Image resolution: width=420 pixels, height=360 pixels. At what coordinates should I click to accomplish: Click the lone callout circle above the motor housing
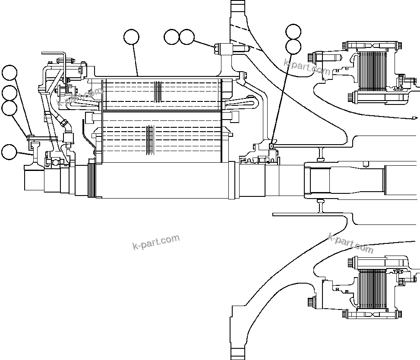pyautogui.click(x=131, y=37)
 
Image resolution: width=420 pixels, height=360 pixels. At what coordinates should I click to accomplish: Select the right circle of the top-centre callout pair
pyautogui.click(x=186, y=37)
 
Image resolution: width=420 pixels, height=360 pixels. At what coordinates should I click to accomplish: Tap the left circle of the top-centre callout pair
pyautogui.click(x=171, y=37)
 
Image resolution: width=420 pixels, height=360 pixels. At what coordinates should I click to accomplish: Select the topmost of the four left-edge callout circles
pyautogui.click(x=9, y=73)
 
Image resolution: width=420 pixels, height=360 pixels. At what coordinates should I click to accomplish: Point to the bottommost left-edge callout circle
pyautogui.click(x=9, y=152)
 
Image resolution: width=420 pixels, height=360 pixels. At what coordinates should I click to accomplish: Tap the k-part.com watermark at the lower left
pyautogui.click(x=156, y=243)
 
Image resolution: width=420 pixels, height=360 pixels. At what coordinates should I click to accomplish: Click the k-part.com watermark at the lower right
pyautogui.click(x=351, y=243)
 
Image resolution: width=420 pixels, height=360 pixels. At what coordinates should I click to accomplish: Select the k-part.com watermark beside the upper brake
pyautogui.click(x=307, y=66)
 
